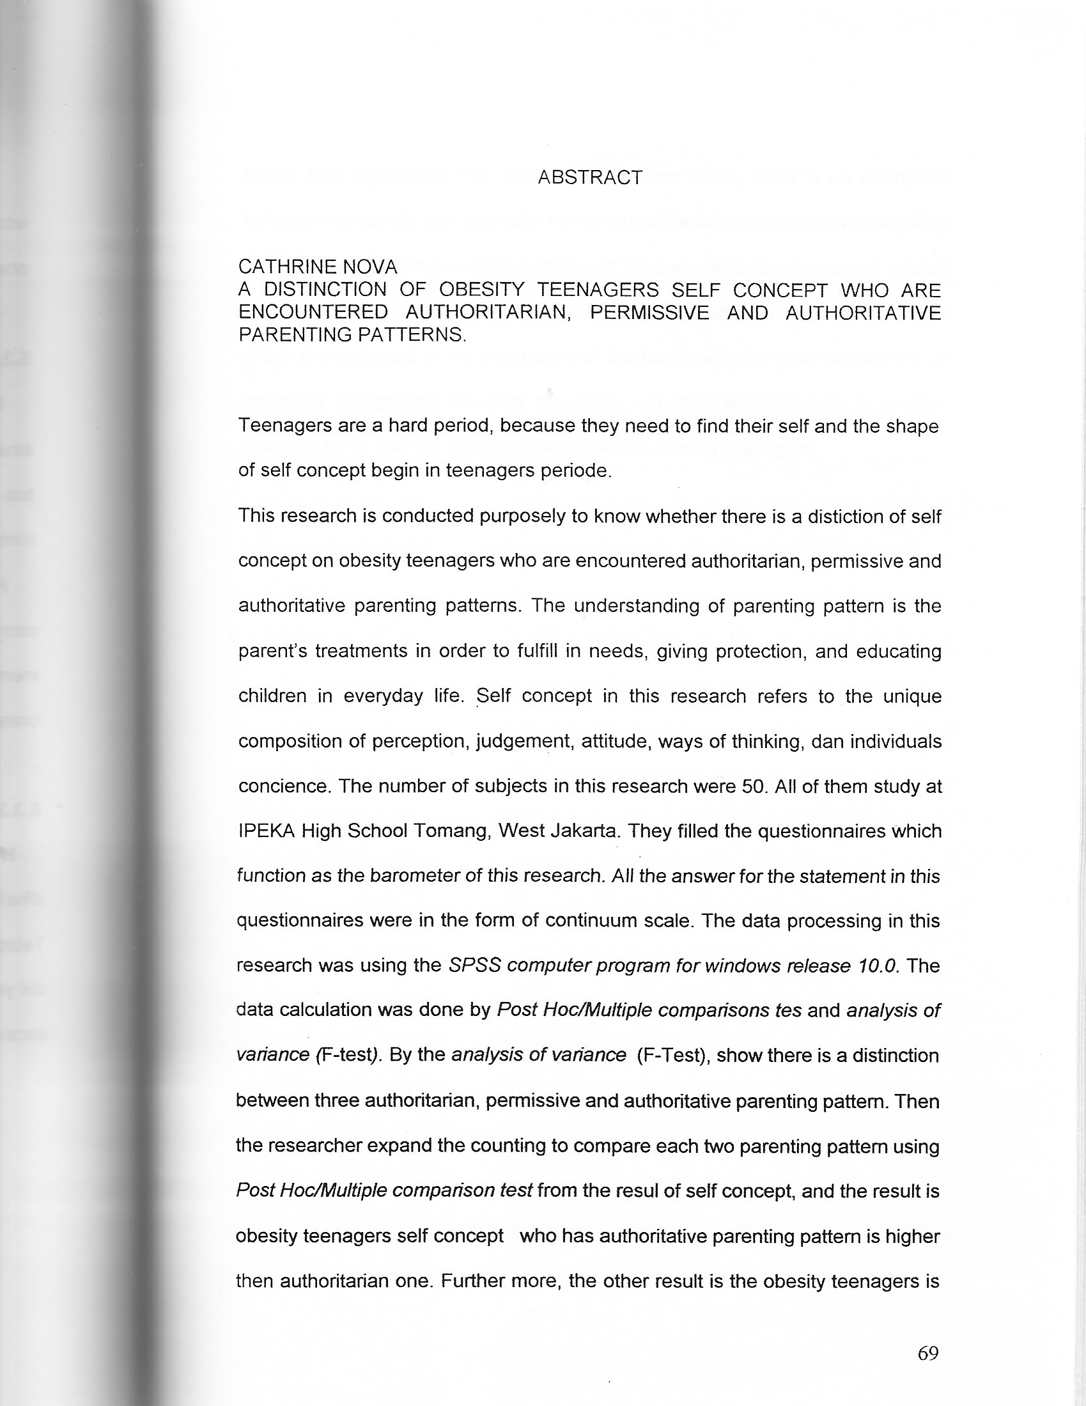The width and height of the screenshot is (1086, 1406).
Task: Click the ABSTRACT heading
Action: pyautogui.click(x=590, y=178)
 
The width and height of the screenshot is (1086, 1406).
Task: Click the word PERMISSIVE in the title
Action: pyautogui.click(x=649, y=313)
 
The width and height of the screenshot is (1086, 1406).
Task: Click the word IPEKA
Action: pyautogui.click(x=267, y=831)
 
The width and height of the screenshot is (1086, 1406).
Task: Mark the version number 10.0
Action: pyautogui.click(x=878, y=965)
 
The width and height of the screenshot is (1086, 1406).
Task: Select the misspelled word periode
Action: pyautogui.click(x=576, y=471)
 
